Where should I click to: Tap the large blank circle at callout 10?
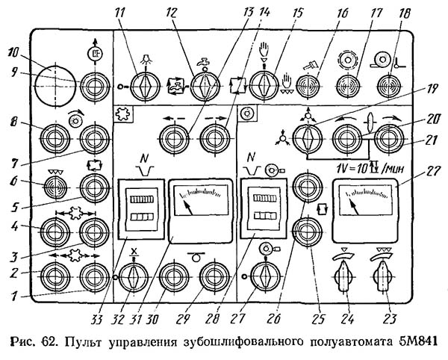[x=55, y=87]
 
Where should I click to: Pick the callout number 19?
[x=432, y=90]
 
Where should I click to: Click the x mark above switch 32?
[x=133, y=252]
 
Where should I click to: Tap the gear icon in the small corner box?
[x=123, y=114]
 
